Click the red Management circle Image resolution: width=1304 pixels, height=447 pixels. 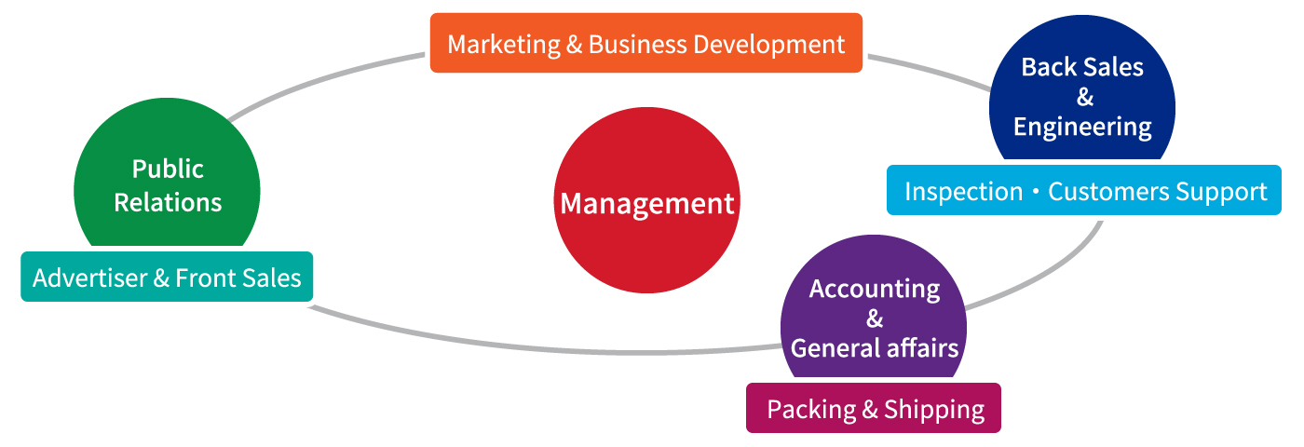point(646,200)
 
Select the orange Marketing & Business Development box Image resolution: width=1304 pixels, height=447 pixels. point(646,43)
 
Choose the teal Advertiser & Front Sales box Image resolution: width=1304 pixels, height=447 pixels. point(167,277)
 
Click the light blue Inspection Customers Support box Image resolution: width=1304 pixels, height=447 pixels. point(1084,190)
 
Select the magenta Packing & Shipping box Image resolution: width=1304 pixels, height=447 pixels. point(874,408)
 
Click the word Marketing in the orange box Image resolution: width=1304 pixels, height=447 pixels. point(504,46)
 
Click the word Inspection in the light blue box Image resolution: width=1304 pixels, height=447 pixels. point(963,192)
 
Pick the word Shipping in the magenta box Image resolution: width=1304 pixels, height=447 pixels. point(934,411)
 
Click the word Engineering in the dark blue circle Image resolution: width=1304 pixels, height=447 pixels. point(1082,128)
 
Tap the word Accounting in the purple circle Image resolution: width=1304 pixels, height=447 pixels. point(875,290)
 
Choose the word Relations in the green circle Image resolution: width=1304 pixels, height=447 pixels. point(168,203)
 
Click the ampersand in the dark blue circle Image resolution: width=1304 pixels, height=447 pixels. point(1084,97)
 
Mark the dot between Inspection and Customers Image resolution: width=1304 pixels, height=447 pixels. point(1036,191)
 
